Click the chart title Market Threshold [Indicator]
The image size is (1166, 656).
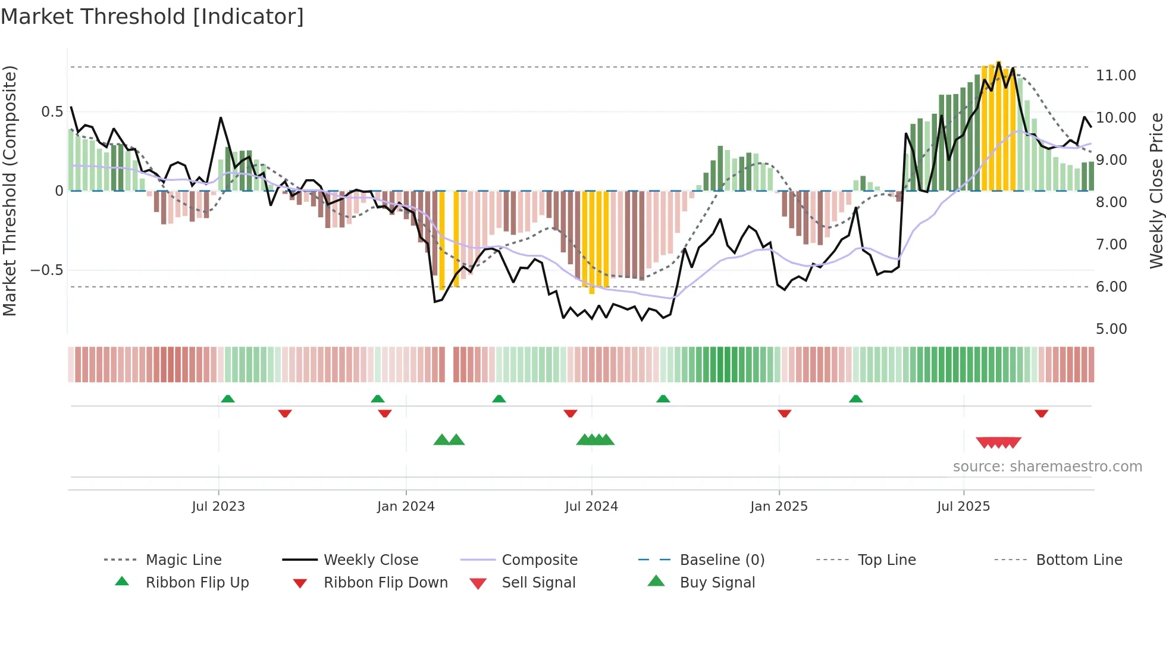152,17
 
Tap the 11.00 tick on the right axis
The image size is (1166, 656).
1115,76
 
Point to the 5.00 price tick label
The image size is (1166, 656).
1111,329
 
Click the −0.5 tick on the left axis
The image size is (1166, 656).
46,270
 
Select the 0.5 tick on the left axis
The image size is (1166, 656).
52,112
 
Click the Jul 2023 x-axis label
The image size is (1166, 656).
218,507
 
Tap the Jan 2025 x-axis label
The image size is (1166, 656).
779,507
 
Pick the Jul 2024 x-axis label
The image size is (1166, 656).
591,507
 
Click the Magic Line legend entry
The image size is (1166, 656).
183,560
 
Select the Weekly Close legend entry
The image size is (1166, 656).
371,560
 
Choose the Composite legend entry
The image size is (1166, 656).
540,560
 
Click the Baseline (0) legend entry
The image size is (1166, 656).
722,560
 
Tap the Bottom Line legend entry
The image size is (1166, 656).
1079,560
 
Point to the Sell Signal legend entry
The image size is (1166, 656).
538,583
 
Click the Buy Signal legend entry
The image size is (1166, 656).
717,583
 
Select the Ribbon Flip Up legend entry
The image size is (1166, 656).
197,583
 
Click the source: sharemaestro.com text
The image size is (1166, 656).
1047,467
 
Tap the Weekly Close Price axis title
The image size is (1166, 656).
1156,190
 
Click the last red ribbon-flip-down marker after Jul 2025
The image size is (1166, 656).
1041,413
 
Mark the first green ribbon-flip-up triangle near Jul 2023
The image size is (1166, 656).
228,399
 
